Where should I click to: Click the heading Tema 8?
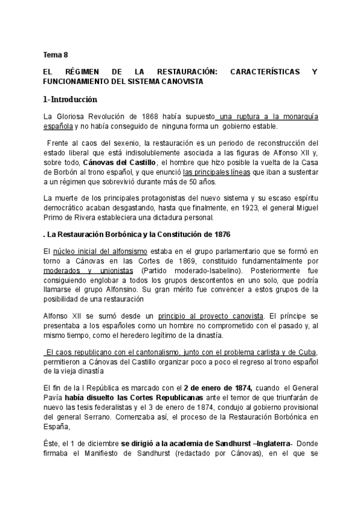[x=55, y=55]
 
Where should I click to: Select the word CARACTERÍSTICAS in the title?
[x=263, y=71]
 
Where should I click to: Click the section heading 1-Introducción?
[x=70, y=99]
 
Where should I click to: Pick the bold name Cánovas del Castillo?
[x=119, y=163]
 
